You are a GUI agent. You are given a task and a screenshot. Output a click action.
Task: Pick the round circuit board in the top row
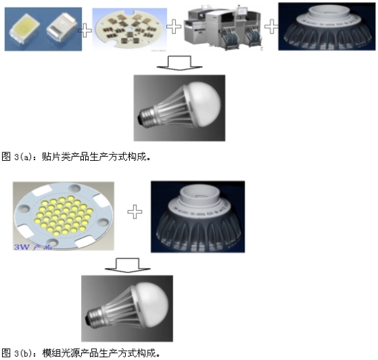coord(129,27)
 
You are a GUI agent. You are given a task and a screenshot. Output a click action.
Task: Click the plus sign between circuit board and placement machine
coord(175,27)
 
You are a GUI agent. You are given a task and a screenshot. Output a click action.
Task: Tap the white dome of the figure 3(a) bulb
coord(200,97)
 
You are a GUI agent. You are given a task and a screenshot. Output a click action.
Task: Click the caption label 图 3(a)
coord(15,156)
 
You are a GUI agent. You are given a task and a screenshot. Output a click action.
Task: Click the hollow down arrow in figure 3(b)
coord(124,265)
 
